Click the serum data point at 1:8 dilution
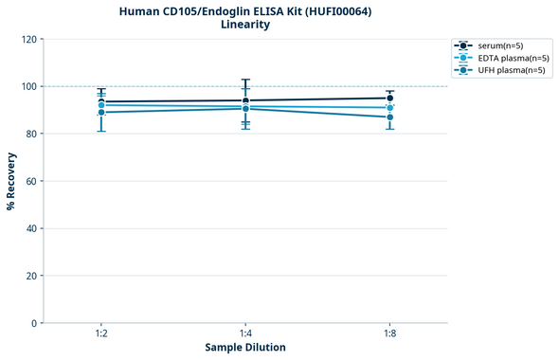click(389, 98)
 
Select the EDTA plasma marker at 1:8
click(389, 108)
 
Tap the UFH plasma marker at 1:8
click(389, 117)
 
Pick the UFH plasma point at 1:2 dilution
click(101, 113)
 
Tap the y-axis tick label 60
click(30, 181)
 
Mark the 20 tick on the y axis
click(30, 276)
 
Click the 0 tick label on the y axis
click(33, 323)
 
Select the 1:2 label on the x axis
click(101, 334)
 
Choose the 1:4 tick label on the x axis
click(245, 334)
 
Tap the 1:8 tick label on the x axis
click(389, 334)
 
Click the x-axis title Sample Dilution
click(245, 348)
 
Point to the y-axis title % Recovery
click(11, 180)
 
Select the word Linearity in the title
click(245, 25)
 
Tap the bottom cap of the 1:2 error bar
click(101, 131)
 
